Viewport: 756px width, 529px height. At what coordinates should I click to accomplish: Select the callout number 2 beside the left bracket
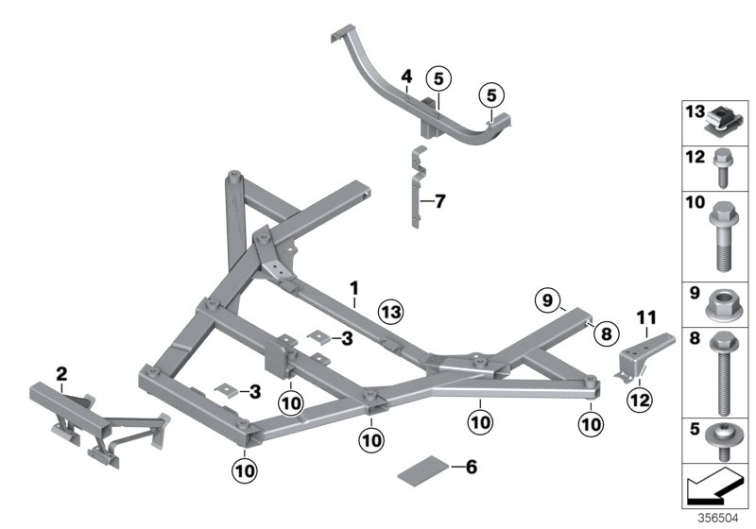pyautogui.click(x=61, y=374)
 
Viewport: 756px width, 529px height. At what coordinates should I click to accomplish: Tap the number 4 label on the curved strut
pyautogui.click(x=405, y=76)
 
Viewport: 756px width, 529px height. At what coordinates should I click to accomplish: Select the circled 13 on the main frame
pyautogui.click(x=390, y=312)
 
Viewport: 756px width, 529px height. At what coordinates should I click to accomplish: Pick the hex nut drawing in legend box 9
pyautogui.click(x=723, y=304)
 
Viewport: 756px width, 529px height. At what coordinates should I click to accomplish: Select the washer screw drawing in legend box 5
pyautogui.click(x=723, y=439)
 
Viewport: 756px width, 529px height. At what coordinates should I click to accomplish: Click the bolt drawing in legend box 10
pyautogui.click(x=723, y=236)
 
